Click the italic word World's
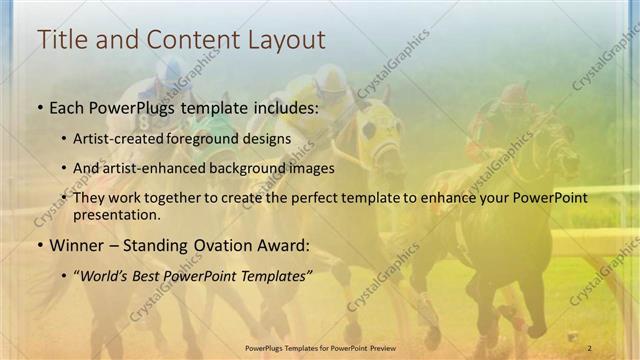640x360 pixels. pyautogui.click(x=109, y=274)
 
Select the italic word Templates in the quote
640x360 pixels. pyautogui.click(x=274, y=274)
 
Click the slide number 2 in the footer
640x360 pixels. pyautogui.click(x=590, y=347)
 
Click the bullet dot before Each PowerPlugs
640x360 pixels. pyautogui.click(x=39, y=106)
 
